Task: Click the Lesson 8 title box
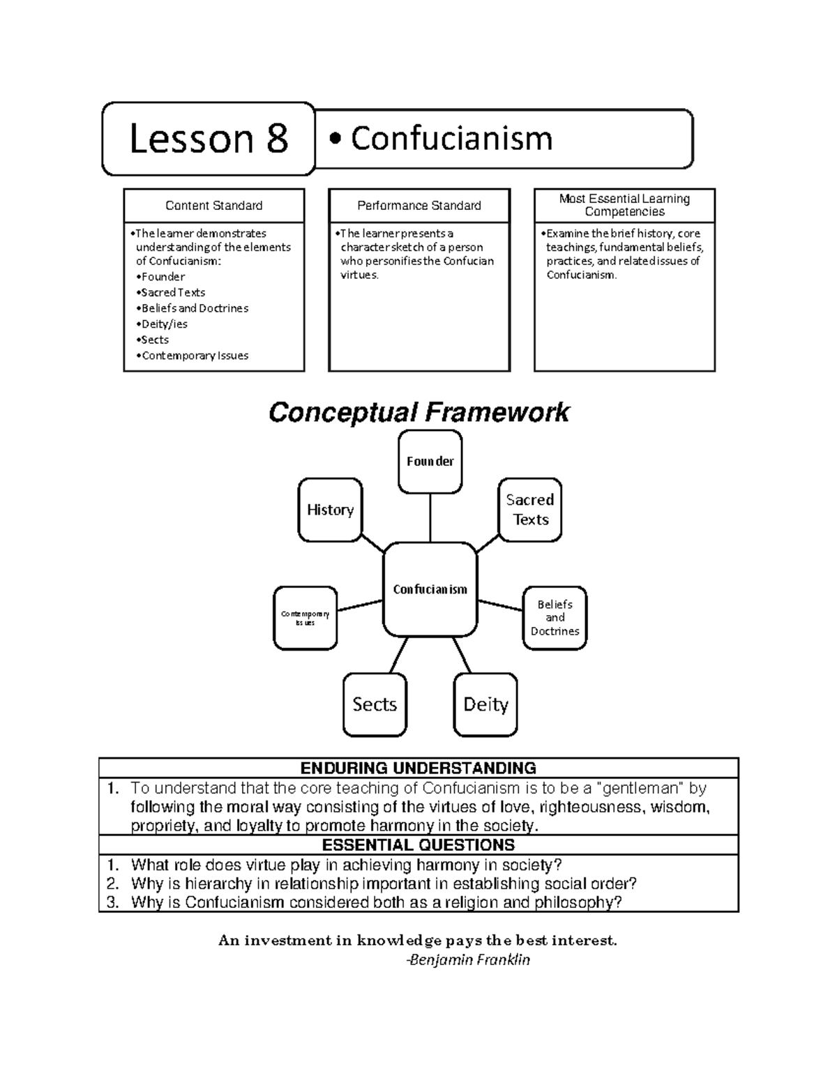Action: pyautogui.click(x=209, y=139)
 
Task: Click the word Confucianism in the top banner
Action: pyautogui.click(x=451, y=139)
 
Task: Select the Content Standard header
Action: pyautogui.click(x=213, y=206)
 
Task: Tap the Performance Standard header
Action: pyautogui.click(x=419, y=206)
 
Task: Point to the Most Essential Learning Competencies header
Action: pyautogui.click(x=624, y=205)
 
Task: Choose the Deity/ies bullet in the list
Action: pyautogui.click(x=164, y=324)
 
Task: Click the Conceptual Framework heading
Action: pyautogui.click(x=418, y=412)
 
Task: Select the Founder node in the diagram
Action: pyautogui.click(x=430, y=461)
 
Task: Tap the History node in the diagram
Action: pyautogui.click(x=330, y=510)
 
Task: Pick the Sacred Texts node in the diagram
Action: pyautogui.click(x=530, y=510)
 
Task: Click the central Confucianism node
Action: pyautogui.click(x=430, y=590)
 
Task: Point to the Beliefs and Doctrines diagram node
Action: pyautogui.click(x=555, y=618)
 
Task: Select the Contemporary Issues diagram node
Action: pyautogui.click(x=305, y=618)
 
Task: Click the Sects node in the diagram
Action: pyautogui.click(x=375, y=704)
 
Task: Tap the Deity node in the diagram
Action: pyautogui.click(x=485, y=704)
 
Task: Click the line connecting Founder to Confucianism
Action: pyautogui.click(x=430, y=517)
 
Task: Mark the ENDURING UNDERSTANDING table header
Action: pyautogui.click(x=418, y=768)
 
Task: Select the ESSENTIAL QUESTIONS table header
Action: pyautogui.click(x=418, y=845)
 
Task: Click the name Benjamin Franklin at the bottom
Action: pyautogui.click(x=469, y=960)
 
